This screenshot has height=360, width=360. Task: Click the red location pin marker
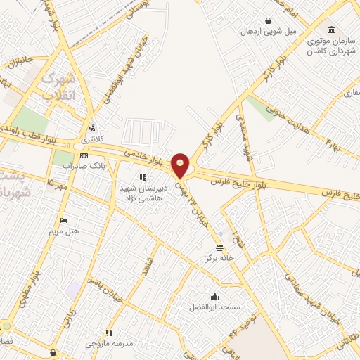tap(181, 165)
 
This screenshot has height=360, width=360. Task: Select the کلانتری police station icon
tap(92, 128)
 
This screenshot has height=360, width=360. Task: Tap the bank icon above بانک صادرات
tap(84, 155)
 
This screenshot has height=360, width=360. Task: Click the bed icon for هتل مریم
tap(64, 220)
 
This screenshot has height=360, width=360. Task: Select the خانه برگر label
tap(219, 259)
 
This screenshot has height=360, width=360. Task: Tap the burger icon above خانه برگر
tap(221, 247)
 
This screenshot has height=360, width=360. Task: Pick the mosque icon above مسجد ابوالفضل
tap(214, 296)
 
